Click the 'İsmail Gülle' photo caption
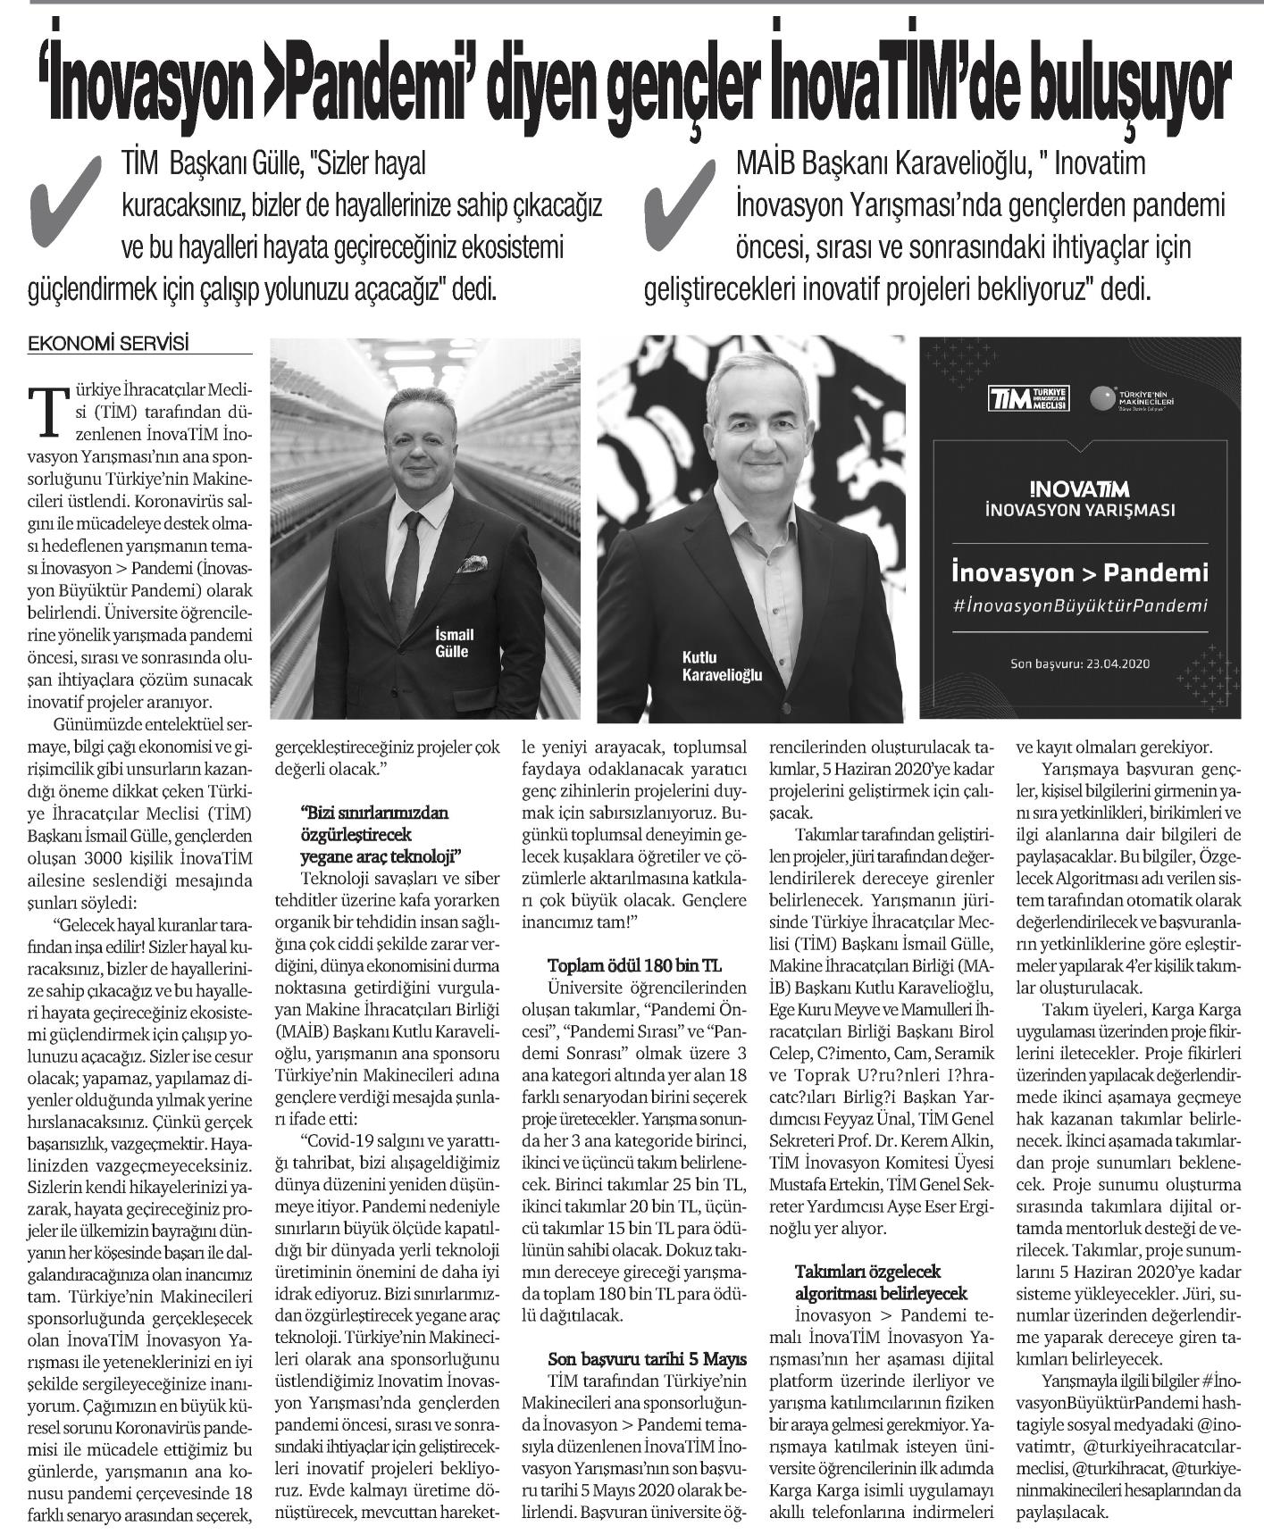pyautogui.click(x=453, y=642)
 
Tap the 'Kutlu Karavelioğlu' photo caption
pyautogui.click(x=722, y=666)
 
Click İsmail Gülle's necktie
pyautogui.click(x=406, y=571)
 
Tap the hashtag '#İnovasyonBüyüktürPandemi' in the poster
pyautogui.click(x=1080, y=605)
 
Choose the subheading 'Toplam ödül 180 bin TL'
pyautogui.click(x=634, y=966)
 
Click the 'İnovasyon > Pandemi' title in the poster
pyautogui.click(x=1080, y=571)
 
